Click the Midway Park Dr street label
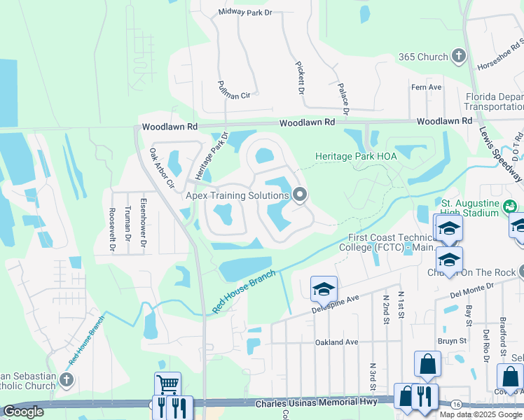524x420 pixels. (244, 12)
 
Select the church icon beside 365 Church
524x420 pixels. (458, 57)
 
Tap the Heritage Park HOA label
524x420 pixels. (356, 156)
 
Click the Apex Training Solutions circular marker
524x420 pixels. (301, 195)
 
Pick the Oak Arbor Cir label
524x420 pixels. (162, 167)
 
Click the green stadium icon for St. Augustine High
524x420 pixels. (510, 205)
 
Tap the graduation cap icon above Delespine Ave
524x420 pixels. (324, 288)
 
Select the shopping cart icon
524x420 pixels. (167, 384)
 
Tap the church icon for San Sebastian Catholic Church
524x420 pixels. (67, 380)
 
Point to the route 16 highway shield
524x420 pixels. (456, 405)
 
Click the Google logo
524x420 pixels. (23, 412)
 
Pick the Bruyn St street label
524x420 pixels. (452, 341)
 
